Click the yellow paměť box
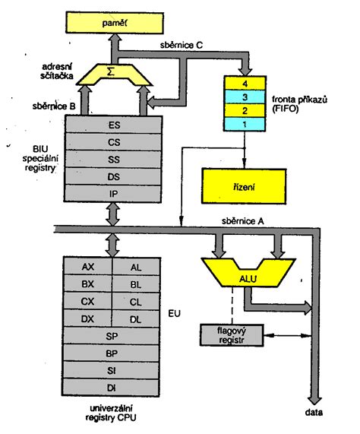(x=115, y=23)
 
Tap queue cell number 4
(x=245, y=83)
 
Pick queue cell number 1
(x=245, y=125)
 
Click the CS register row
(x=113, y=142)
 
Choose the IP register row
(x=113, y=194)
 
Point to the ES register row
(x=113, y=125)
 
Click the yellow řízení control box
(x=244, y=186)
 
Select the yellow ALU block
(x=248, y=273)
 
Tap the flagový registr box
(x=232, y=335)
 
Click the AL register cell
(x=136, y=267)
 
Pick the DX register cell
(x=87, y=318)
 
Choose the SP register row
(x=112, y=336)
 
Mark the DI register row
(x=112, y=388)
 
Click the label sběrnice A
(x=242, y=221)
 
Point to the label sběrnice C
(x=181, y=45)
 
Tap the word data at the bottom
(x=314, y=413)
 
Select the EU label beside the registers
(x=174, y=313)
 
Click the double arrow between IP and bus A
(x=113, y=214)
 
